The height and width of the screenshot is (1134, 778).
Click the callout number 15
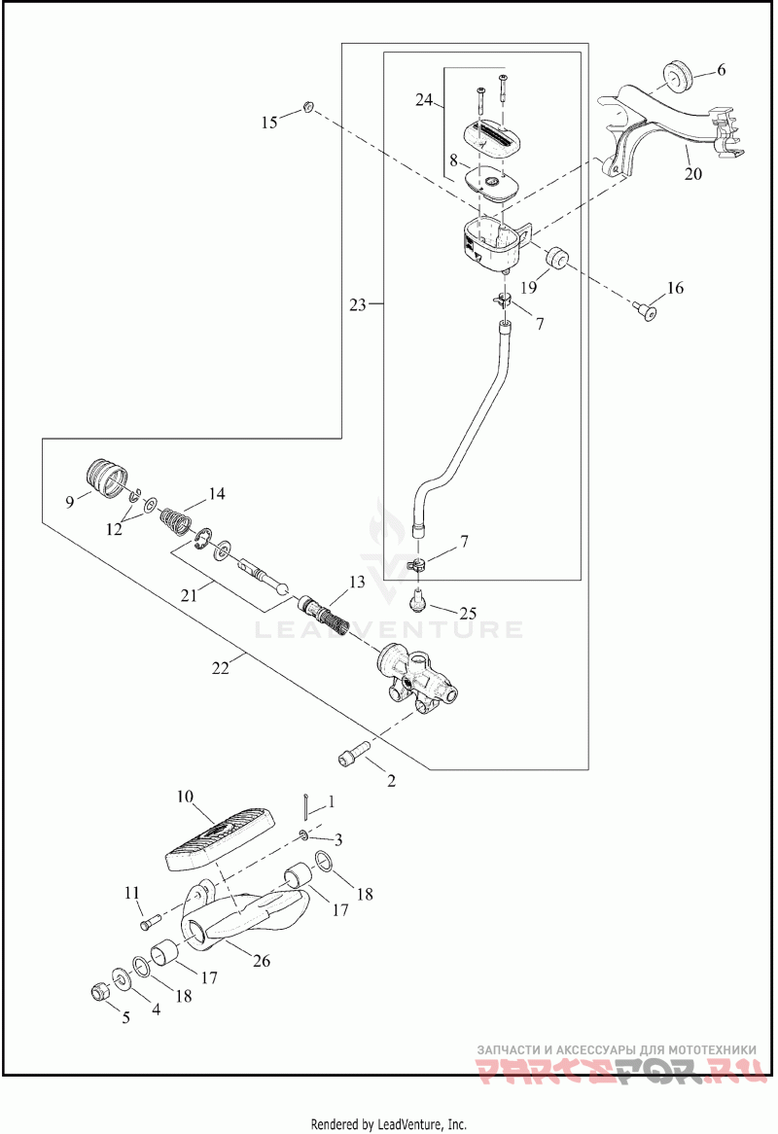[269, 123]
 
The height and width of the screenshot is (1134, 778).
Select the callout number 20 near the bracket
[692, 173]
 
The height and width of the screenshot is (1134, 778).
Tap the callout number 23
[358, 304]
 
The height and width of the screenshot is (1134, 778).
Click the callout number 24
[424, 100]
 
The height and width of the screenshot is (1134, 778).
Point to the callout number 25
[468, 614]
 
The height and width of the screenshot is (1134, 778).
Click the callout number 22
[221, 668]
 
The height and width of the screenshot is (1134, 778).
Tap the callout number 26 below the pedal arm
[261, 961]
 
